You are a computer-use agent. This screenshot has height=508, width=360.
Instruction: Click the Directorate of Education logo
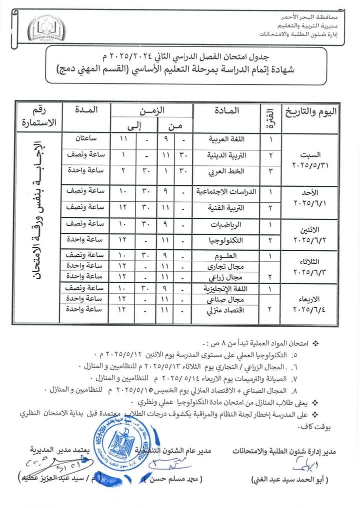(x=46, y=28)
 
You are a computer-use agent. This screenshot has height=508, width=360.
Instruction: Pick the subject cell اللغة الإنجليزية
(x=220, y=288)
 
